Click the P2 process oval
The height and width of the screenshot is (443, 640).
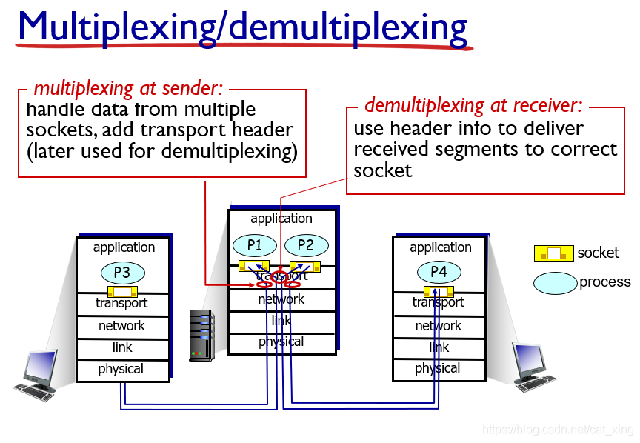tap(305, 244)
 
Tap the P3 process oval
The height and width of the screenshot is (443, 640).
tap(122, 273)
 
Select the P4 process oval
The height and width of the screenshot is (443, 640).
tap(439, 272)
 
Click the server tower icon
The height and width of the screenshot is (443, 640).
tap(201, 336)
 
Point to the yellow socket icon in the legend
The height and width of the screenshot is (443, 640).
tap(553, 253)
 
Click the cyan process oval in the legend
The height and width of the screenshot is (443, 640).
tap(555, 282)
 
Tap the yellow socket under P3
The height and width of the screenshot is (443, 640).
tap(122, 292)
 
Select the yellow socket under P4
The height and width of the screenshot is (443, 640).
tap(439, 291)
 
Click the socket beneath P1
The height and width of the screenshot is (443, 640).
tap(253, 266)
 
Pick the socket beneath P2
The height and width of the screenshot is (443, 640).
tap(304, 266)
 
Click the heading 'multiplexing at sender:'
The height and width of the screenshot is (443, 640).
tap(128, 89)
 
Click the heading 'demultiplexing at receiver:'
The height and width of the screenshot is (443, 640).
tap(473, 105)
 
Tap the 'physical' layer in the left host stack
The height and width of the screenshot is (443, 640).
tap(121, 369)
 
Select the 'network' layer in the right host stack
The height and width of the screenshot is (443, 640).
tap(439, 326)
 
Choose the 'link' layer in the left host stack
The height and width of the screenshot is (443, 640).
tap(122, 347)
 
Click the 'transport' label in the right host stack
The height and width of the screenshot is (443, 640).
tap(439, 302)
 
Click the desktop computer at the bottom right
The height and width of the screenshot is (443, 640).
tap(534, 366)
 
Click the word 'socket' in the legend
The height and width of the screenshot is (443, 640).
tap(598, 253)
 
